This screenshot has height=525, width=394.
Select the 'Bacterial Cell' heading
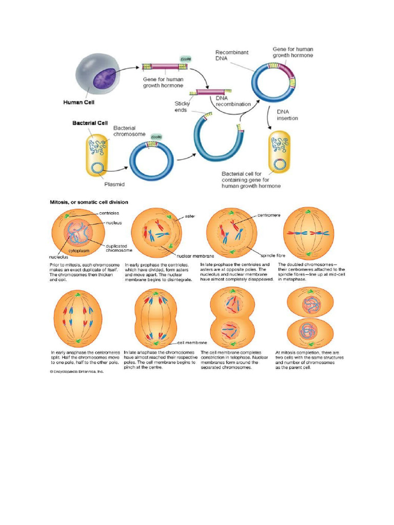[x=89, y=124]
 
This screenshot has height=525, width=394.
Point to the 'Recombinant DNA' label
[x=232, y=56]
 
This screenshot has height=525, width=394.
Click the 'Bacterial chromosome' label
[x=130, y=132]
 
